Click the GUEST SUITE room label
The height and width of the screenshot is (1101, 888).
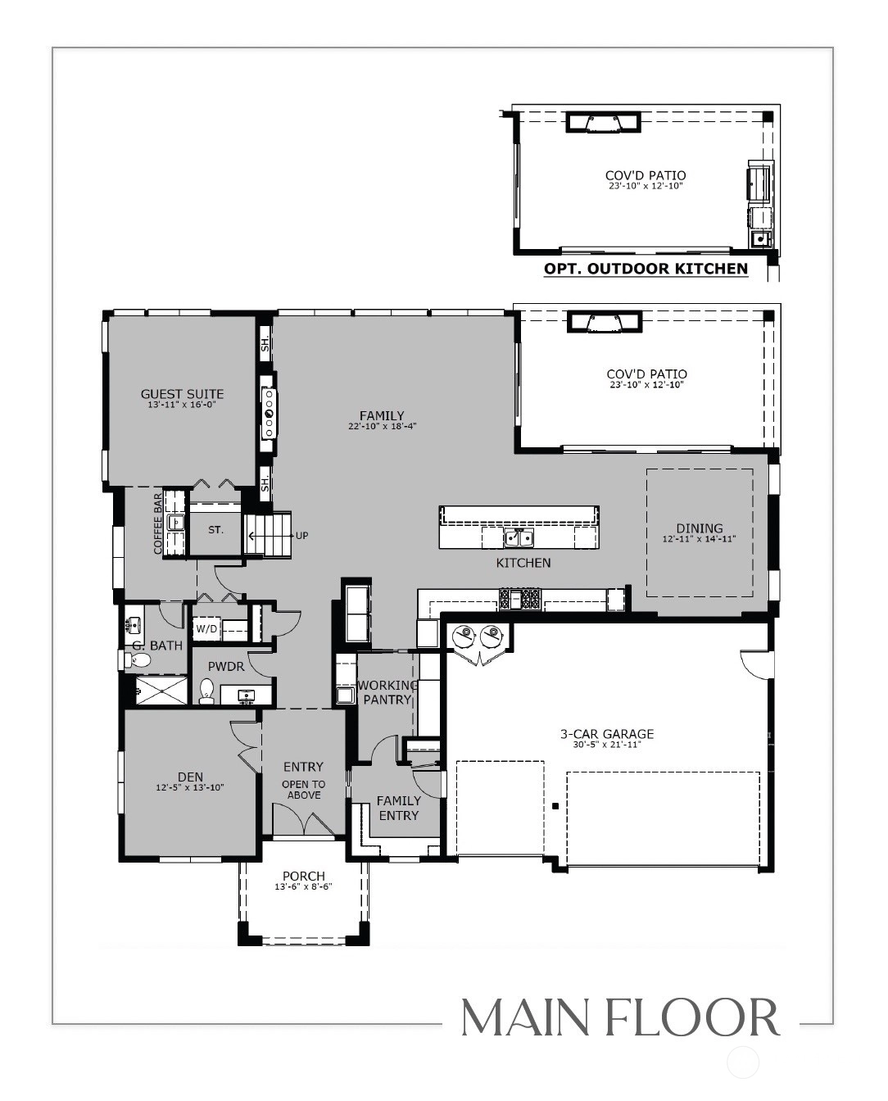(x=182, y=394)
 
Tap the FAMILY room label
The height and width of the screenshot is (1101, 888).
(x=382, y=415)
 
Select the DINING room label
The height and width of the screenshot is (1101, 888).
(x=700, y=528)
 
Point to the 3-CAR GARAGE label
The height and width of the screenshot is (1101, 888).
(x=607, y=734)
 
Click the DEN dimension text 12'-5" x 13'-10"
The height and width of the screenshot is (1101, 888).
(x=190, y=787)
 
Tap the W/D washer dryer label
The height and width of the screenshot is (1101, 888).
(x=206, y=629)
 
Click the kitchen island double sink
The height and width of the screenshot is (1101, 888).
(x=519, y=538)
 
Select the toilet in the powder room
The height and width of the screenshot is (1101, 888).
(x=206, y=690)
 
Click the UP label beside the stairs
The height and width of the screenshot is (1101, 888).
(x=302, y=536)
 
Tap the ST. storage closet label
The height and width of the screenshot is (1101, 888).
(x=216, y=530)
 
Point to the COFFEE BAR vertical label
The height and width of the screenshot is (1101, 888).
(x=157, y=523)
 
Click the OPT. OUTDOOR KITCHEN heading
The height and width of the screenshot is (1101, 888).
(x=646, y=269)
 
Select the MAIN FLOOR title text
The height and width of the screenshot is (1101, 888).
(x=621, y=1018)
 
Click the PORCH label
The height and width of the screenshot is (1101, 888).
(x=304, y=877)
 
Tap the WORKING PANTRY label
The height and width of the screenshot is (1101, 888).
(x=387, y=692)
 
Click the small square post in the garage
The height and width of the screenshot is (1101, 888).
(x=555, y=806)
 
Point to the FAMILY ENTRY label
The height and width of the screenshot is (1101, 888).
(x=399, y=808)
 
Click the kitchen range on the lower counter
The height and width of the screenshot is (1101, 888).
(x=520, y=599)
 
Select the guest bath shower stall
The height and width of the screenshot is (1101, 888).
(x=161, y=690)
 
